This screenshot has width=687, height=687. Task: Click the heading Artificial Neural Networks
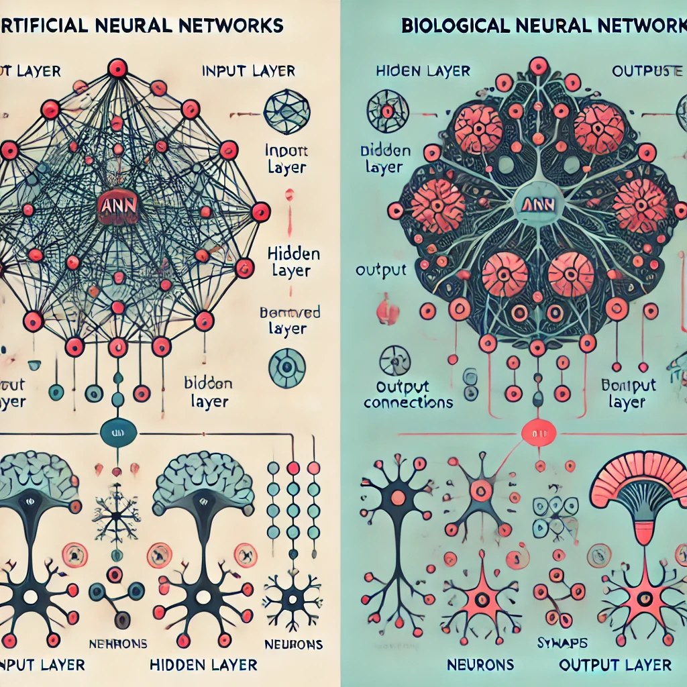[x=141, y=26]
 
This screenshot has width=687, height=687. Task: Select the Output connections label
[x=409, y=395]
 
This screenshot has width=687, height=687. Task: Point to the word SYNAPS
[x=563, y=643]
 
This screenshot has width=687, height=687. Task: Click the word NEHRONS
[x=118, y=644]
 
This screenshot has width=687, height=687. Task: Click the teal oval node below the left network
[x=117, y=433]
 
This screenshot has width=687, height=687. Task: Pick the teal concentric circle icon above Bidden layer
[x=286, y=368]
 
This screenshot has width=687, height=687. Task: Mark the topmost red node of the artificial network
[x=117, y=67]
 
